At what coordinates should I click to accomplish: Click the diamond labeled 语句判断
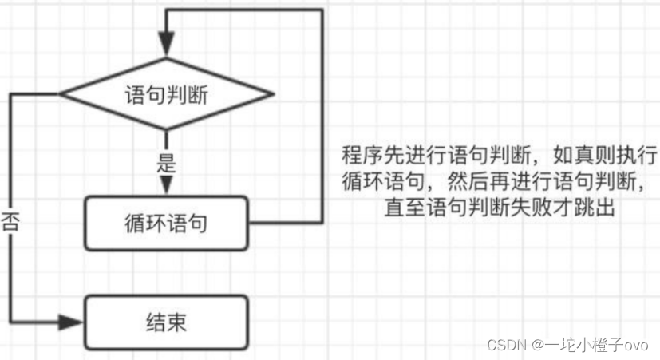(x=166, y=94)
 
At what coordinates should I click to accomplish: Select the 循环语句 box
(x=166, y=223)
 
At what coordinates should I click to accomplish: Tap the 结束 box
(x=166, y=323)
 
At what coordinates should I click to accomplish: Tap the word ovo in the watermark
(x=635, y=345)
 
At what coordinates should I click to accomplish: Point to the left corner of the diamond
(x=61, y=94)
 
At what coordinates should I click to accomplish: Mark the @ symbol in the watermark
(x=539, y=345)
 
